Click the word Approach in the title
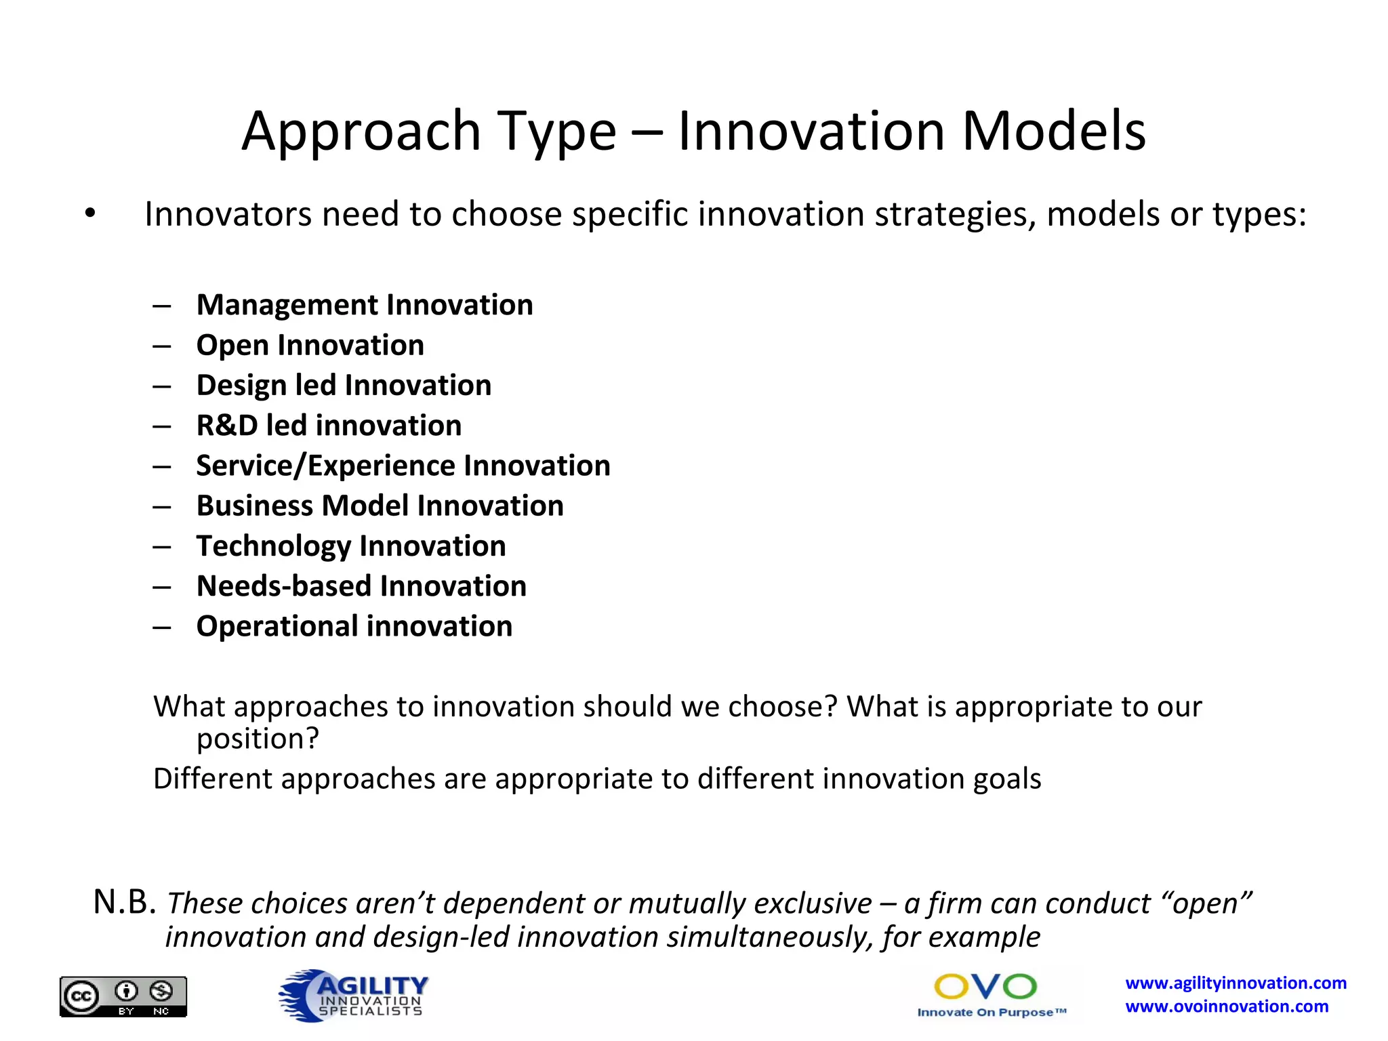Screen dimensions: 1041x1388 361,132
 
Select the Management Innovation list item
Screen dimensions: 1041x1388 365,305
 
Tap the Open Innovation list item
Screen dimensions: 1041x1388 310,345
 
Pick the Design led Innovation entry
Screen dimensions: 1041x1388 344,385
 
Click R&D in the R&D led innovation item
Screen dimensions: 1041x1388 227,426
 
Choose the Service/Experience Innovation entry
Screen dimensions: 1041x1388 403,466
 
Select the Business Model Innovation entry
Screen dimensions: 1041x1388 380,506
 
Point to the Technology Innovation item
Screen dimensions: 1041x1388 351,546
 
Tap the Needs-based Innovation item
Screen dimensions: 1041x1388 361,586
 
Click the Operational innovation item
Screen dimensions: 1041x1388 354,626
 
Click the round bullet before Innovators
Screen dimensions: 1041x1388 90,214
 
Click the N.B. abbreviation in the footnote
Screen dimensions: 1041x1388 125,902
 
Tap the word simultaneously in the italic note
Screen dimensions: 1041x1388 770,937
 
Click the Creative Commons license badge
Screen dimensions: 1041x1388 123,996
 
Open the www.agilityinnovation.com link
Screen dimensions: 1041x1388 1236,983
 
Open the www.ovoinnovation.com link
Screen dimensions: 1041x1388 1227,1006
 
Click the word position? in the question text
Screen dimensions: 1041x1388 258,739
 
